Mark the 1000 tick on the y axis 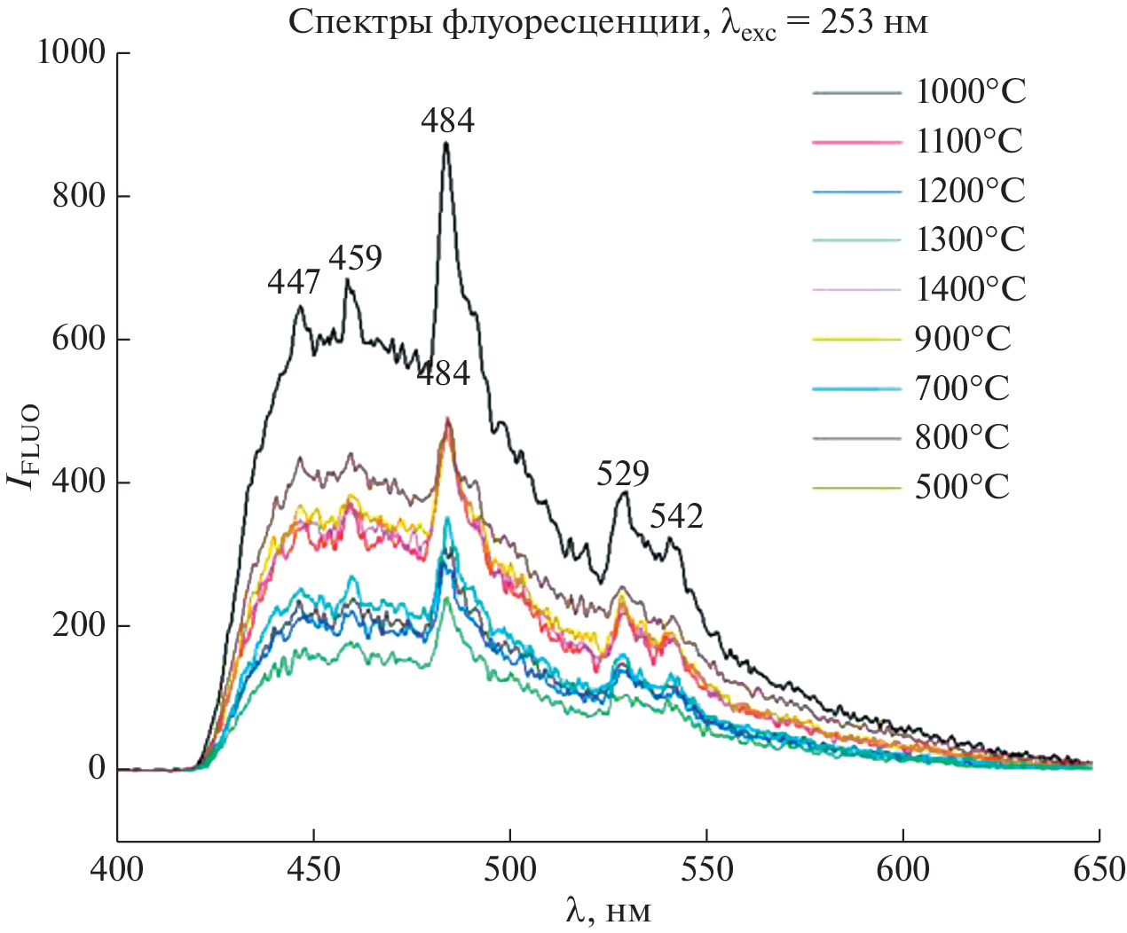click(x=71, y=53)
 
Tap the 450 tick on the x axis click(x=314, y=869)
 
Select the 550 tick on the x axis click(x=706, y=869)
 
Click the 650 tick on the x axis click(x=1099, y=869)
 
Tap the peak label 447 click(x=294, y=282)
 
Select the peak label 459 click(x=356, y=258)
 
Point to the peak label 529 click(x=623, y=474)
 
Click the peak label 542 click(x=676, y=516)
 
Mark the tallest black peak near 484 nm click(x=446, y=144)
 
